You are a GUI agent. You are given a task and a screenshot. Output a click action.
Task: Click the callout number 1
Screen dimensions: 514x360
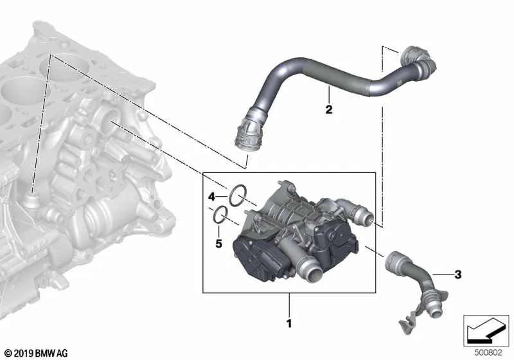click(x=288, y=323)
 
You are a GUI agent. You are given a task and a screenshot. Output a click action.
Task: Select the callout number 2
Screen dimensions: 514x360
click(x=329, y=109)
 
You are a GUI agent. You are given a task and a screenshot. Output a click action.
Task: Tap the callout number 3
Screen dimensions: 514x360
click(x=458, y=274)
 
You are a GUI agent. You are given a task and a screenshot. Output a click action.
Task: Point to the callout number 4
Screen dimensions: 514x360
click(x=212, y=197)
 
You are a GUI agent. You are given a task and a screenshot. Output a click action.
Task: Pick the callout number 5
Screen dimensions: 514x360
click(x=218, y=244)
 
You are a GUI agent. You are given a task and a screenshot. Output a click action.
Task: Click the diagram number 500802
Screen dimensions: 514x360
click(x=488, y=352)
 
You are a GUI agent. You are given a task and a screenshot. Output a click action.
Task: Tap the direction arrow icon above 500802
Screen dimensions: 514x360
click(x=486, y=330)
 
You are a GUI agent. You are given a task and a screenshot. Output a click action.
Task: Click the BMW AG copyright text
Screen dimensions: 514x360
click(x=37, y=354)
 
